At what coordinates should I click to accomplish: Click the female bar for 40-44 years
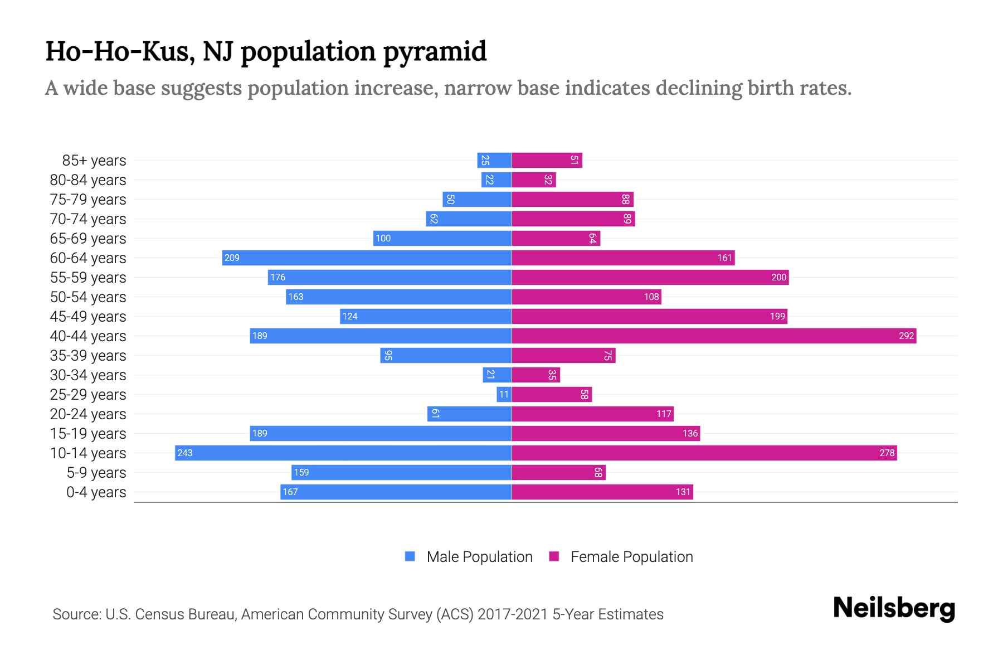coord(713,336)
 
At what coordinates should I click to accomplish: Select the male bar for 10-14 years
coord(343,453)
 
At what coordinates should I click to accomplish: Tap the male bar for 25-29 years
coord(504,394)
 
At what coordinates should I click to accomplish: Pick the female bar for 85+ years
coord(547,160)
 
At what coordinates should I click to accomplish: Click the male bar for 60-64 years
coord(367,258)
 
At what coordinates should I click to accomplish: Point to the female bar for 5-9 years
coord(558,472)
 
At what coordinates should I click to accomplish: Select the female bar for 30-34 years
coord(535,375)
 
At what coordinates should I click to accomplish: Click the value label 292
coord(906,336)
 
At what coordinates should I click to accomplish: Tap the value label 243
coord(184,453)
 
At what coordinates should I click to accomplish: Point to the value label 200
coord(778,277)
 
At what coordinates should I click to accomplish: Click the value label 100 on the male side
coord(383,238)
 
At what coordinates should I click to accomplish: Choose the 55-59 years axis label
coord(88,278)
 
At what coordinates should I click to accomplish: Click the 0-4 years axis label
coord(96,492)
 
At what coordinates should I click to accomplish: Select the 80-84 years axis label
coord(88,180)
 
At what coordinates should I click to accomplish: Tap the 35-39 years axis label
coord(88,356)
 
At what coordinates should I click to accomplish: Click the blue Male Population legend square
coord(410,556)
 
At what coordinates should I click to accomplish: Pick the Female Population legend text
coord(631,556)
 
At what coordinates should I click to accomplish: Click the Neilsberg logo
coord(894,608)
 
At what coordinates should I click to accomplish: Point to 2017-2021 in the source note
coord(513,614)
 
